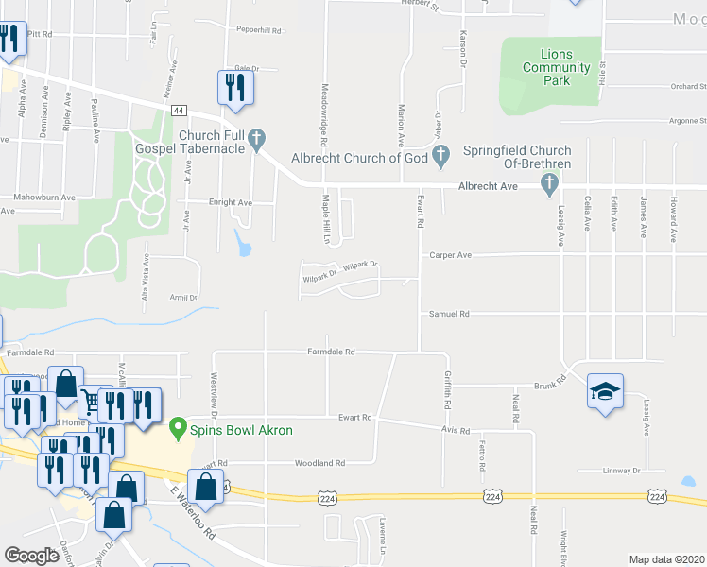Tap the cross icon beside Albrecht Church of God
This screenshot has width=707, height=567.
(x=440, y=155)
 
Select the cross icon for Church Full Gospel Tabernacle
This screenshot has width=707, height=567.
(x=255, y=143)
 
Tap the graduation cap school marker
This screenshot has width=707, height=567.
(x=605, y=390)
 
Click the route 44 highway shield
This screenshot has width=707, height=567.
(x=179, y=111)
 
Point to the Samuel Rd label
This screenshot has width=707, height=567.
(x=449, y=314)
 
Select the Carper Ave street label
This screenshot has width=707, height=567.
(x=450, y=255)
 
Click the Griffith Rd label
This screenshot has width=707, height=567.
(x=448, y=389)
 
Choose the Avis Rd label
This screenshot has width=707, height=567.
(x=456, y=430)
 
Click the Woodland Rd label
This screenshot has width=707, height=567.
(x=319, y=463)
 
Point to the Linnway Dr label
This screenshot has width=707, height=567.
(x=622, y=471)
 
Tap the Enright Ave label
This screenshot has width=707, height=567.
(x=231, y=202)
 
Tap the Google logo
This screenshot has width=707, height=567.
(x=32, y=556)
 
